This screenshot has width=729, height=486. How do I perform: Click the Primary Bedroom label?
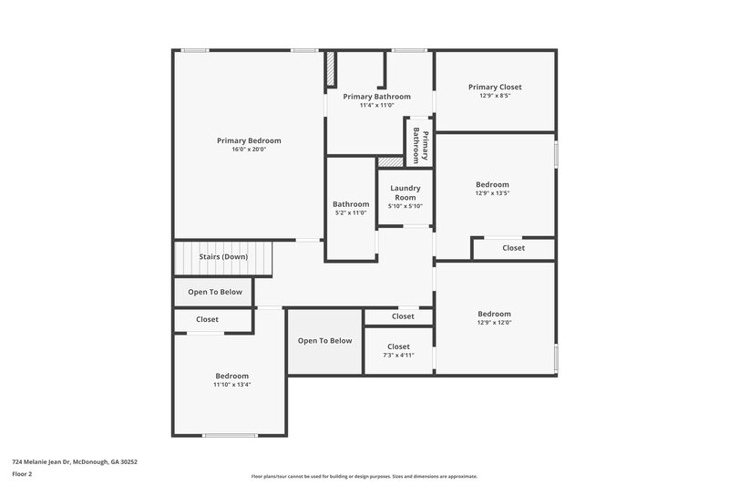[249, 140]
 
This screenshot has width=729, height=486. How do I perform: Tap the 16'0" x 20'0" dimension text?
[249, 150]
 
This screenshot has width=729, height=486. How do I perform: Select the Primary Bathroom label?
[376, 96]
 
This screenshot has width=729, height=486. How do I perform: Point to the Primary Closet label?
[495, 87]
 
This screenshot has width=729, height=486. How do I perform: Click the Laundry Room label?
[406, 192]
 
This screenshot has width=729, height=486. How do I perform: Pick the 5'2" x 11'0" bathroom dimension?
[351, 213]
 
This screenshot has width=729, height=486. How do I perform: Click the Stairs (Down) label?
[223, 257]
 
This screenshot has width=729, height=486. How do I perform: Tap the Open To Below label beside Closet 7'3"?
[324, 341]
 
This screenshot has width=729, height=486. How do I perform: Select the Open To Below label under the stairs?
[215, 292]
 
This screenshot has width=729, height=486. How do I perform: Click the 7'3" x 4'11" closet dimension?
[398, 356]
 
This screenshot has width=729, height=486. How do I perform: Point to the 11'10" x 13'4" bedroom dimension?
[232, 385]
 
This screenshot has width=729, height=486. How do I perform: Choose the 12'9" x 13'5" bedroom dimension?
[493, 193]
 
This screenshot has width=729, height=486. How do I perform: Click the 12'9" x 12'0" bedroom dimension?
[494, 322]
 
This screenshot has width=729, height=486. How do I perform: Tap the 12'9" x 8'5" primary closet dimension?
[495, 96]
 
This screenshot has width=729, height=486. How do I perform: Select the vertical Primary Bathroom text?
[419, 145]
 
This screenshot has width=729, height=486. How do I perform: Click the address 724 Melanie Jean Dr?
[74, 461]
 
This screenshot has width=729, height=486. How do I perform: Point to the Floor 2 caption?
[23, 474]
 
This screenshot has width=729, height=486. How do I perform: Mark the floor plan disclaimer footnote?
[364, 476]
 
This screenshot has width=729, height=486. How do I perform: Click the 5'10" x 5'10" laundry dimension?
[406, 206]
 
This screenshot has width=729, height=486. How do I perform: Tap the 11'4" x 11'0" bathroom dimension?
[376, 105]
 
